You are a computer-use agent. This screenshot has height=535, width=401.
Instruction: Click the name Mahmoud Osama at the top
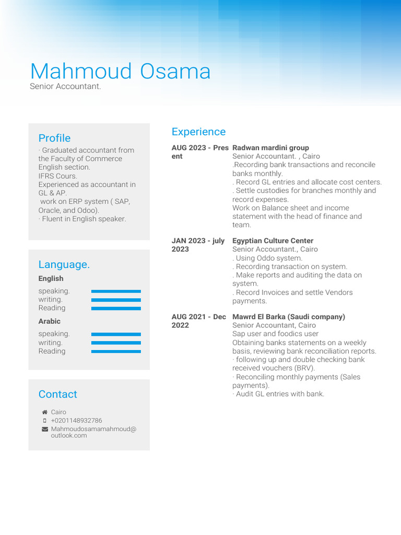120,72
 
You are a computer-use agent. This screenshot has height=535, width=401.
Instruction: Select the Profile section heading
54,138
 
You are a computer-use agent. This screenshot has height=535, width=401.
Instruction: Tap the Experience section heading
198,132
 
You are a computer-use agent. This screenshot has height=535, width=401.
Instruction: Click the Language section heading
64,264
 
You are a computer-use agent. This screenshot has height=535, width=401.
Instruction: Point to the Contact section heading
57,394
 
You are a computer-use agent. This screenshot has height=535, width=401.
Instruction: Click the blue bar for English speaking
116,291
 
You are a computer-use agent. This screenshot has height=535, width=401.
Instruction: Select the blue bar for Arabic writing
116,343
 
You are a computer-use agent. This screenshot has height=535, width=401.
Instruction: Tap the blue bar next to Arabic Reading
116,352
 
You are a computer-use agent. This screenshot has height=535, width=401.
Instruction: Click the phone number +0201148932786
76,421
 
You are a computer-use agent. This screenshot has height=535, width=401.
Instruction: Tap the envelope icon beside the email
44,429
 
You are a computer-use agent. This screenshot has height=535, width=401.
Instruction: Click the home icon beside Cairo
44,412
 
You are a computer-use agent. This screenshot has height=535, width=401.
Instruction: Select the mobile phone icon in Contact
44,421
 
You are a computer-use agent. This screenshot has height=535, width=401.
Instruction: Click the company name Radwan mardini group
270,148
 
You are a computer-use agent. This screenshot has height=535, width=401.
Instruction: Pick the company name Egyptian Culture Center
273,241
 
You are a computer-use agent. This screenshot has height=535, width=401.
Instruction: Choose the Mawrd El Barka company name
288,317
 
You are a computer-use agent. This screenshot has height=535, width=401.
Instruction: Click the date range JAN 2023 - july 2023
198,245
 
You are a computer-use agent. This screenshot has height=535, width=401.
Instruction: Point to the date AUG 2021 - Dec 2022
198,321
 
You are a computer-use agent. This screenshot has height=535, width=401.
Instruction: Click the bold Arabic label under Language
49,321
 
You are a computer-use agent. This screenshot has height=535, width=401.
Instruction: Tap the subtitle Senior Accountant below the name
65,86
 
